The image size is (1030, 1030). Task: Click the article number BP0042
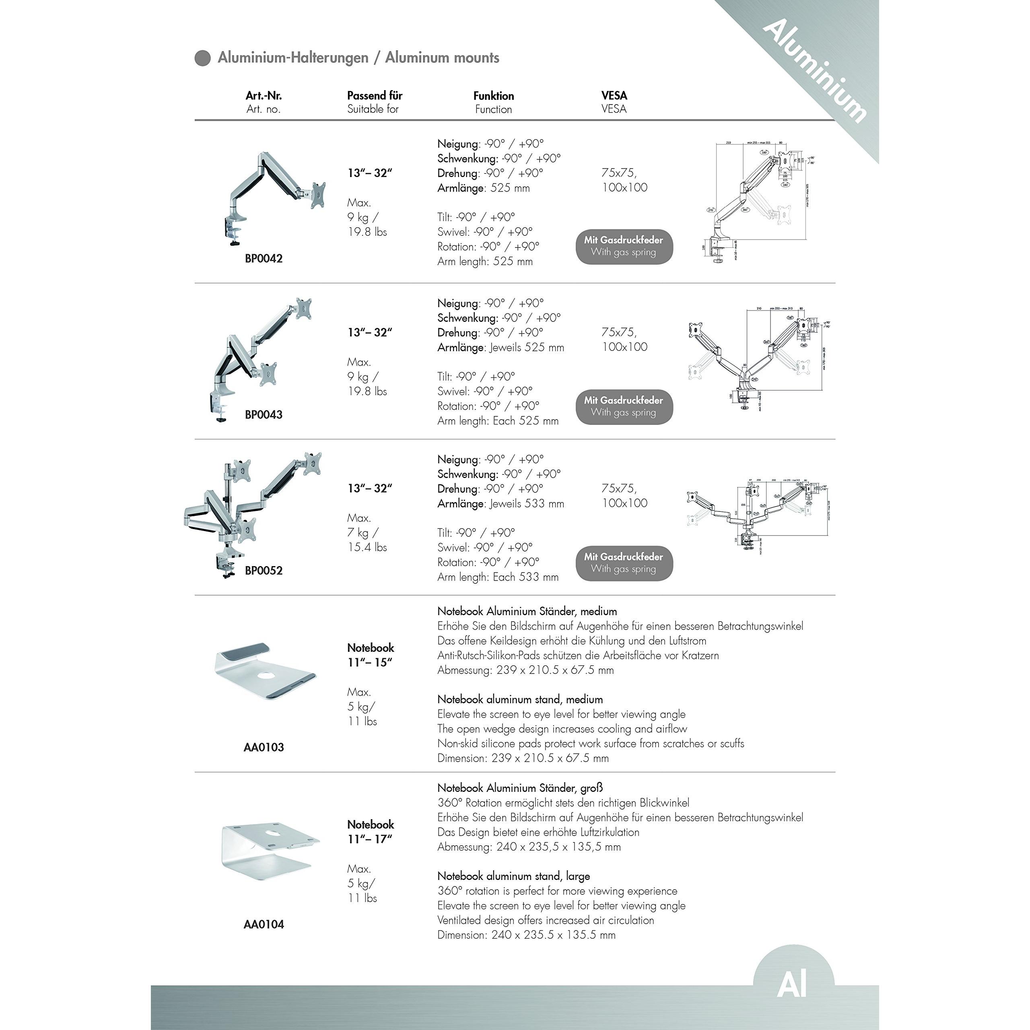click(264, 259)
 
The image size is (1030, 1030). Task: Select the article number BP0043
click(264, 415)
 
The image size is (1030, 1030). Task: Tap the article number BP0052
click(264, 571)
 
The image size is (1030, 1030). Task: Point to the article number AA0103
click(264, 748)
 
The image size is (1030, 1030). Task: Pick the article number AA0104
click(264, 925)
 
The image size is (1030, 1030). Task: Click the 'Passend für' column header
click(374, 96)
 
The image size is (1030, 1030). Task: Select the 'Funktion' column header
click(494, 96)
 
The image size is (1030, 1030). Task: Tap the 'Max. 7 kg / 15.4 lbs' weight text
click(367, 533)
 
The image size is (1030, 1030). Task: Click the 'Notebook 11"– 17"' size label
click(370, 832)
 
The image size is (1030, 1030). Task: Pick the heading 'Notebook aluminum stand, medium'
click(520, 699)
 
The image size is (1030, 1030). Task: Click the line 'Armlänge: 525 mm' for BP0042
click(484, 188)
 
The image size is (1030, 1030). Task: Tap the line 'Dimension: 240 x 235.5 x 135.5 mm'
click(526, 935)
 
